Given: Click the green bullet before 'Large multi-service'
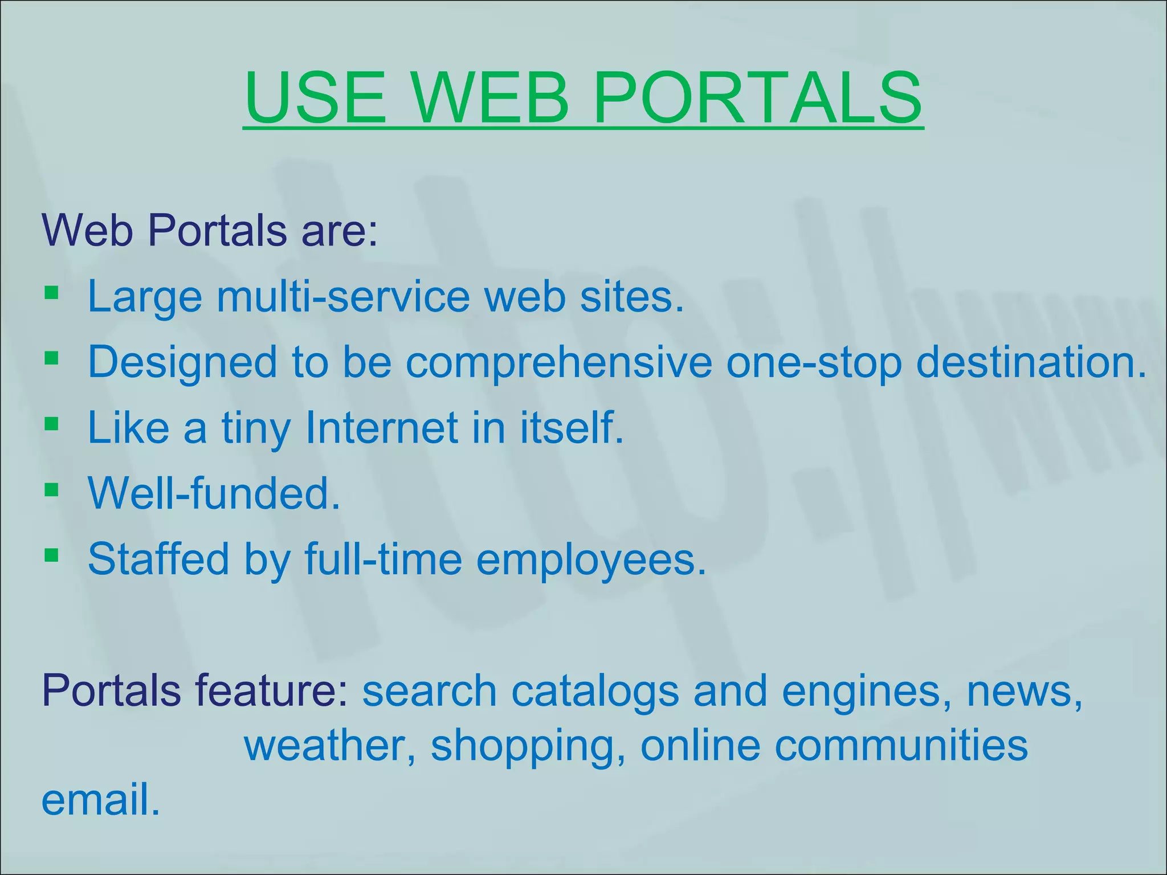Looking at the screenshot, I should pos(51,293).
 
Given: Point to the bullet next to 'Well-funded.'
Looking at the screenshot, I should pos(51,489).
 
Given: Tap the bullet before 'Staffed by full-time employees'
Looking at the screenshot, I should pos(51,554).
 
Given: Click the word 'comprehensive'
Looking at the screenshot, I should pos(558,362).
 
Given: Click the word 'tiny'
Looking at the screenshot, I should pos(255,428).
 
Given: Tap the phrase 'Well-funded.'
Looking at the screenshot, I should pos(214,493).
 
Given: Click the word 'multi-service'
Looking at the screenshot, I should pos(343,297).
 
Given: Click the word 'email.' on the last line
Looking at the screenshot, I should pos(101,799).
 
